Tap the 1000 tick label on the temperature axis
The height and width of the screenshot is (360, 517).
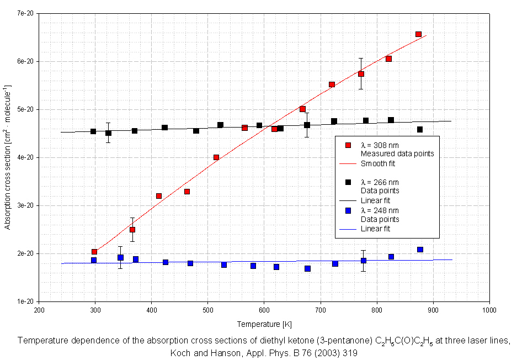click(x=489, y=310)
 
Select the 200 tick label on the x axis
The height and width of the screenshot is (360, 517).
click(x=39, y=310)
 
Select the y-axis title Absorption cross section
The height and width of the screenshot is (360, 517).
click(x=8, y=157)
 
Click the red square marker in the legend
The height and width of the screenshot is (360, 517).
click(x=348, y=145)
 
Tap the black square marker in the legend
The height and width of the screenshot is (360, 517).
click(x=348, y=182)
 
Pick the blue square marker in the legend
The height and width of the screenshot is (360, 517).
click(x=348, y=210)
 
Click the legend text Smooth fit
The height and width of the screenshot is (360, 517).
click(x=378, y=163)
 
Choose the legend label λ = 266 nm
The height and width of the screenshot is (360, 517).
click(x=380, y=182)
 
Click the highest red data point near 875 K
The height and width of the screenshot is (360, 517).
click(x=418, y=34)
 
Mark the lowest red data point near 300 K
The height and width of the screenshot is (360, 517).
click(x=94, y=252)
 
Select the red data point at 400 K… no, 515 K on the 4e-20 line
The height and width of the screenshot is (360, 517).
click(x=216, y=157)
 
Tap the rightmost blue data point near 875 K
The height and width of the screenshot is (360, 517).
click(x=420, y=250)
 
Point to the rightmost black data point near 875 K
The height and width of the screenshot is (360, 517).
click(x=420, y=130)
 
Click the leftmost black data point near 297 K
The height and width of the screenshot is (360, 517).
click(x=93, y=131)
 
